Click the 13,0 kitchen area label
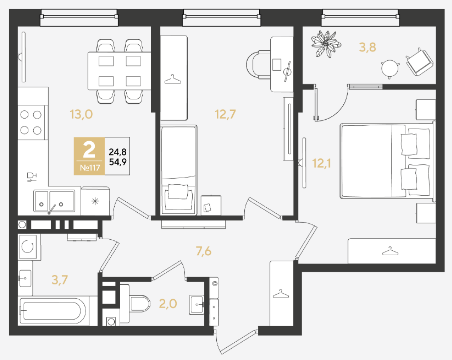81,114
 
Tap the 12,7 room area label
225,114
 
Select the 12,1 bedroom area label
321,163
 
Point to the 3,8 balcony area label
367,47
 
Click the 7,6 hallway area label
203,251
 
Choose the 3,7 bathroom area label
60,279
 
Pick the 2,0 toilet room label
168,304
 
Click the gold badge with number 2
89,156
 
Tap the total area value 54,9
118,162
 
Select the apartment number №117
90,168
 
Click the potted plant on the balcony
326,43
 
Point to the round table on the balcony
390,69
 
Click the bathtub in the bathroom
51,311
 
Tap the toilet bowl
138,303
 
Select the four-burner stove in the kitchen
31,123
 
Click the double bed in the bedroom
387,161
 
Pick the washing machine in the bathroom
29,246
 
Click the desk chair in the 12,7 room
258,64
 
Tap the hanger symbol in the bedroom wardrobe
390,251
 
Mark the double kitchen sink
54,201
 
